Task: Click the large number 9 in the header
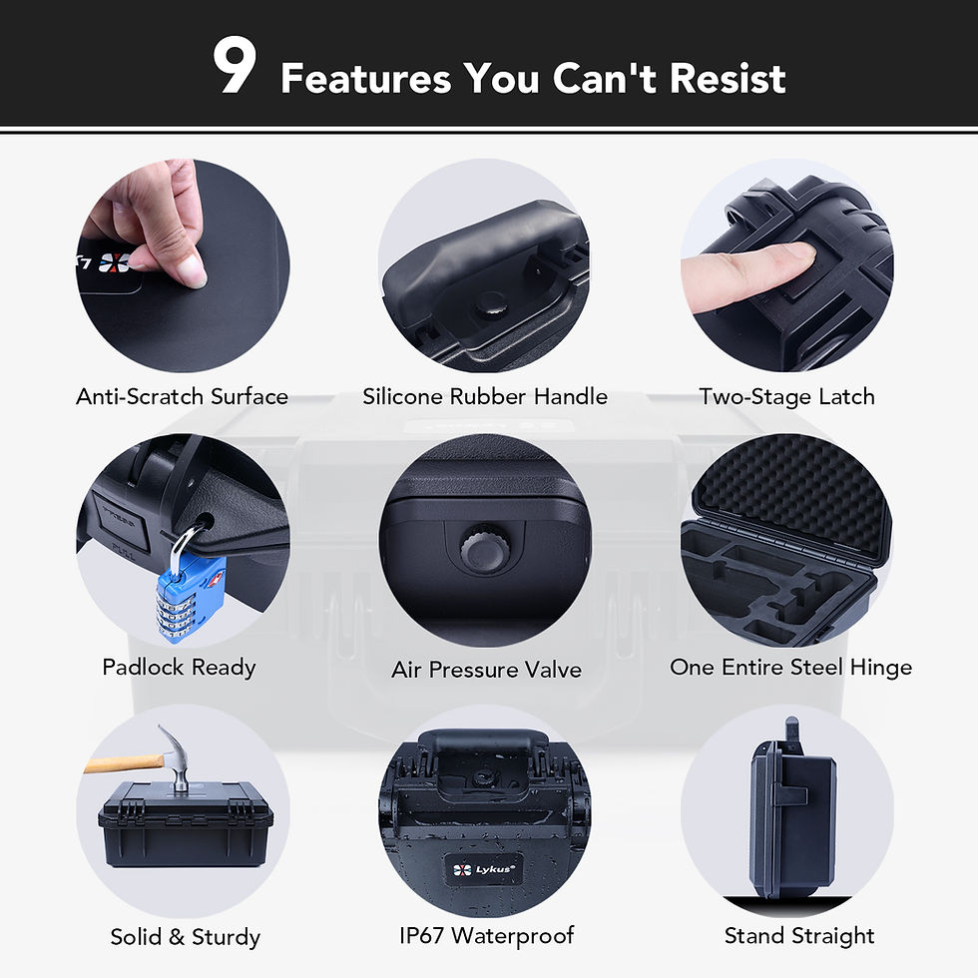235,68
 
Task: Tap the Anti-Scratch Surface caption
182,396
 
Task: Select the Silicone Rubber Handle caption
485,396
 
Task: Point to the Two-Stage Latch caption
786,396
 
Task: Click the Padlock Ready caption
180,667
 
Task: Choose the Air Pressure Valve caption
486,669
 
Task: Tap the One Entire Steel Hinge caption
790,667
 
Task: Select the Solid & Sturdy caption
185,937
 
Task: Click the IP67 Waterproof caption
486,935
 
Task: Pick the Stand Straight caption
798,935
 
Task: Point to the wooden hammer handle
122,763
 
